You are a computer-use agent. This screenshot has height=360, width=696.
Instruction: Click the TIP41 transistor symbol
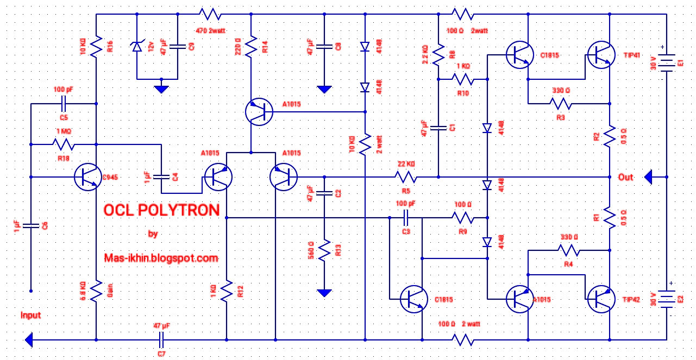(600, 54)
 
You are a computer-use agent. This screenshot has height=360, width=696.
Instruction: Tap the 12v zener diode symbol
(136, 47)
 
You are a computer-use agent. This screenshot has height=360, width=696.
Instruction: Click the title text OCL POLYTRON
(161, 210)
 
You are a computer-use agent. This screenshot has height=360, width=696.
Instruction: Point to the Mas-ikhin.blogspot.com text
(161, 258)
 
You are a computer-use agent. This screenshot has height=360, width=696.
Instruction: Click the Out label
(626, 178)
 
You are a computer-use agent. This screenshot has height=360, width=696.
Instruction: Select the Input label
(30, 315)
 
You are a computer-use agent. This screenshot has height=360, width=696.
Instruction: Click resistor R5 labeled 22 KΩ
(405, 177)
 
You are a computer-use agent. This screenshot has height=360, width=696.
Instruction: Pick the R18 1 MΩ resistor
(63, 144)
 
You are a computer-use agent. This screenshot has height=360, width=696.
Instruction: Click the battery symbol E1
(666, 62)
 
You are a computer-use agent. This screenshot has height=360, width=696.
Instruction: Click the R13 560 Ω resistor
(324, 250)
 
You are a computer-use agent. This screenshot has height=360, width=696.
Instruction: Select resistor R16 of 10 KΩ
(96, 47)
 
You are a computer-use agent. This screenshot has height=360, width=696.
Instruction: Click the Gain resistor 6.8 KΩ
(96, 291)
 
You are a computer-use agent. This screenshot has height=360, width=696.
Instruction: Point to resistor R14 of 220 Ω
(251, 47)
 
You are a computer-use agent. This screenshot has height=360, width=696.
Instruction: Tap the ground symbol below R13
(324, 293)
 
